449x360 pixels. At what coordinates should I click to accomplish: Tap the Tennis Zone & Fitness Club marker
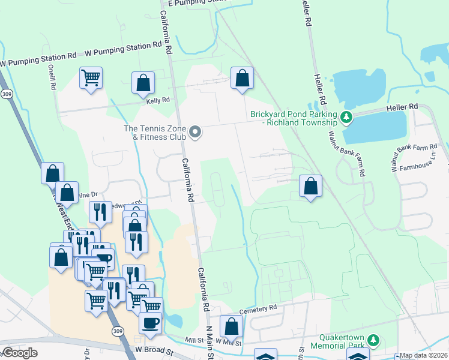194,132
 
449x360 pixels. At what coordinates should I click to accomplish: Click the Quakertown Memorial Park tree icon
373,341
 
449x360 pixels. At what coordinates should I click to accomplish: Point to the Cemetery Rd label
258,308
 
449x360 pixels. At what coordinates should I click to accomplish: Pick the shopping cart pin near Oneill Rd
91,77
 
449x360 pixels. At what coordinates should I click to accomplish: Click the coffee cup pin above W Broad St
150,322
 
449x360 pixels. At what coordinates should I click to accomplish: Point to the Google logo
19,352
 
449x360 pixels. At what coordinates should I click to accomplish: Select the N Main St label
211,344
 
